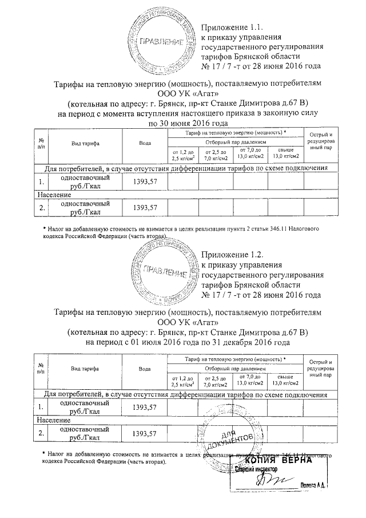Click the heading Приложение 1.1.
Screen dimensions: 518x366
coord(231,27)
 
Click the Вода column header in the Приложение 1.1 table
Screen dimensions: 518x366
coord(145,143)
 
